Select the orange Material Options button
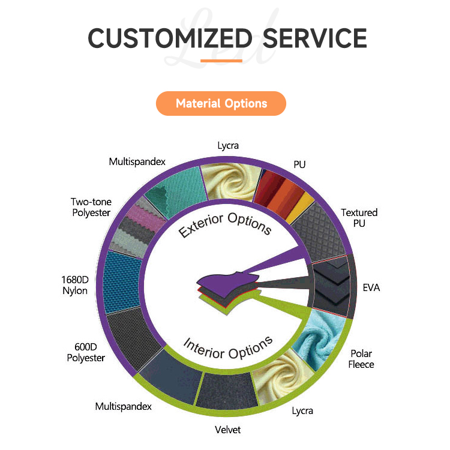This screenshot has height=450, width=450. [x=221, y=103]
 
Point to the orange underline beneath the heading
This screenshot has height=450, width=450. [x=221, y=61]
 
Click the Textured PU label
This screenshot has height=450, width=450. [x=359, y=218]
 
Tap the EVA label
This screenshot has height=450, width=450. [x=371, y=287]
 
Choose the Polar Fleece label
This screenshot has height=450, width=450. [x=361, y=359]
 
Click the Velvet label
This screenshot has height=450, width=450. [x=228, y=430]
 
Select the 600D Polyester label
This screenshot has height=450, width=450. [x=85, y=352]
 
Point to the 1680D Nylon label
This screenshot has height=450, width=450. [x=74, y=285]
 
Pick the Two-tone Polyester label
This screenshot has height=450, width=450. [x=91, y=208]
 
